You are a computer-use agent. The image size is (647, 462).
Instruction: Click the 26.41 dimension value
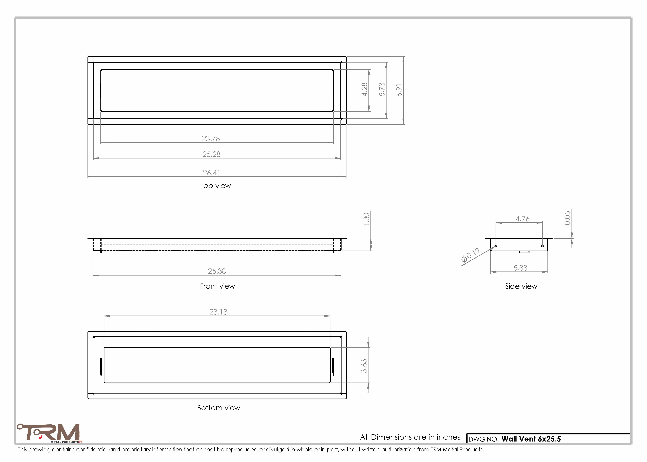coord(211,173)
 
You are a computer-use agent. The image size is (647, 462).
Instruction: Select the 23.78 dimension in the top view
coord(211,139)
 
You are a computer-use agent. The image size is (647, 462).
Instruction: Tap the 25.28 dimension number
coord(211,154)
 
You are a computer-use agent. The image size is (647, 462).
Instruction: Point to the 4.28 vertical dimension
coord(364,89)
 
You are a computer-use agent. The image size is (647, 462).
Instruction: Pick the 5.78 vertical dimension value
coord(382,89)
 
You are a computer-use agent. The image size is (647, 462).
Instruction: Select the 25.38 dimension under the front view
coord(217,271)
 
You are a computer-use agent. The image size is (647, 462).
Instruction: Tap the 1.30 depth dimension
coord(366,219)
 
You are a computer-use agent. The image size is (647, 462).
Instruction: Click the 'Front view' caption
coord(217,286)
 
